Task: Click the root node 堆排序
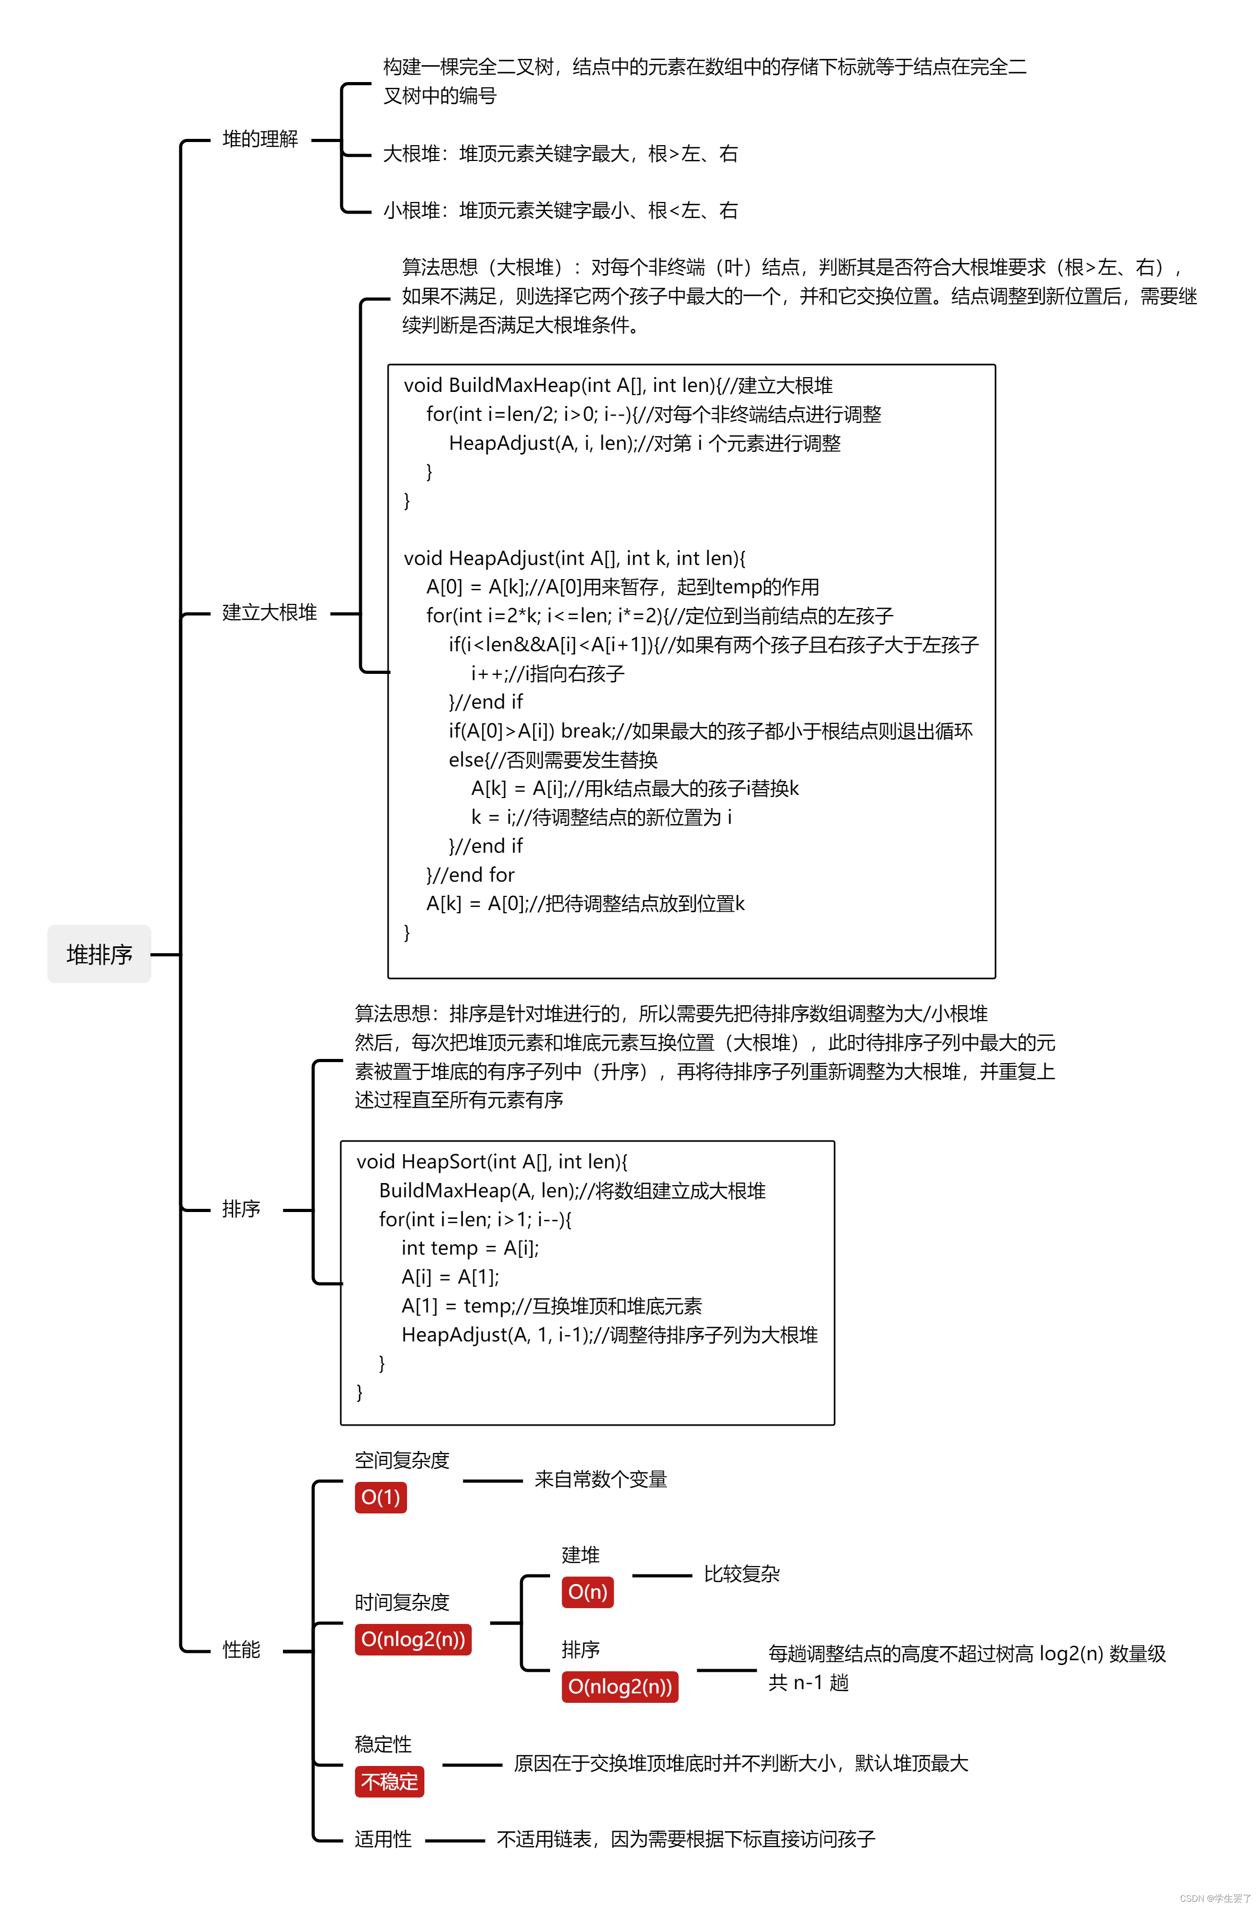click(x=99, y=954)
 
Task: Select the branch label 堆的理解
click(x=260, y=139)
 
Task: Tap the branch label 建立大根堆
click(x=270, y=613)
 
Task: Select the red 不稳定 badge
click(x=389, y=1781)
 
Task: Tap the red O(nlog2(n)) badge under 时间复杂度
click(x=413, y=1639)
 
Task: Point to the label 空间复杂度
click(x=402, y=1460)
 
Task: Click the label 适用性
click(x=383, y=1839)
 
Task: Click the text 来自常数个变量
click(x=601, y=1479)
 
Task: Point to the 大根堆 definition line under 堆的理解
click(x=560, y=154)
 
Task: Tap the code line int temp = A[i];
click(x=470, y=1248)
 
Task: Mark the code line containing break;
click(x=710, y=731)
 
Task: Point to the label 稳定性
click(x=383, y=1744)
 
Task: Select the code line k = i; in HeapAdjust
click(x=601, y=817)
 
